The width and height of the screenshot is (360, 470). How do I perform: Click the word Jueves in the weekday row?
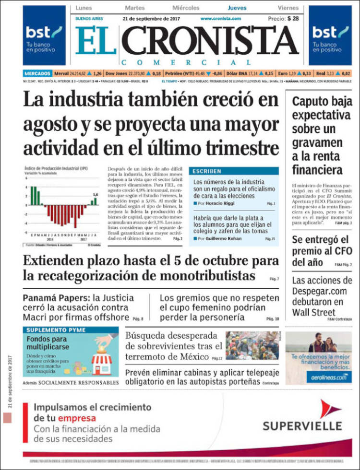(237, 8)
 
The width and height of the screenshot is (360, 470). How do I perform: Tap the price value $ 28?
(292, 18)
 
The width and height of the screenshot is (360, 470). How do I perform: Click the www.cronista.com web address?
(220, 18)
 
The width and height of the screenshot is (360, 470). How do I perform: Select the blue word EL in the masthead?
(96, 40)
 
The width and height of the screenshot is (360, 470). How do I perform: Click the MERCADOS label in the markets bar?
(37, 73)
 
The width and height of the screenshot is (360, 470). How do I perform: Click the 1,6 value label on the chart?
(96, 194)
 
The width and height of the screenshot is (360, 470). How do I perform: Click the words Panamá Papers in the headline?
(50, 298)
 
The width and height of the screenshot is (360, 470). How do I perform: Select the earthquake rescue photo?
(252, 345)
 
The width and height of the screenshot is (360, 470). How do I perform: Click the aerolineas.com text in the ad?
(328, 378)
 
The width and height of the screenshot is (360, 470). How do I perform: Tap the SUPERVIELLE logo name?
(302, 425)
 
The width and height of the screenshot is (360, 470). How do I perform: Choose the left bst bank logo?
(44, 35)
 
